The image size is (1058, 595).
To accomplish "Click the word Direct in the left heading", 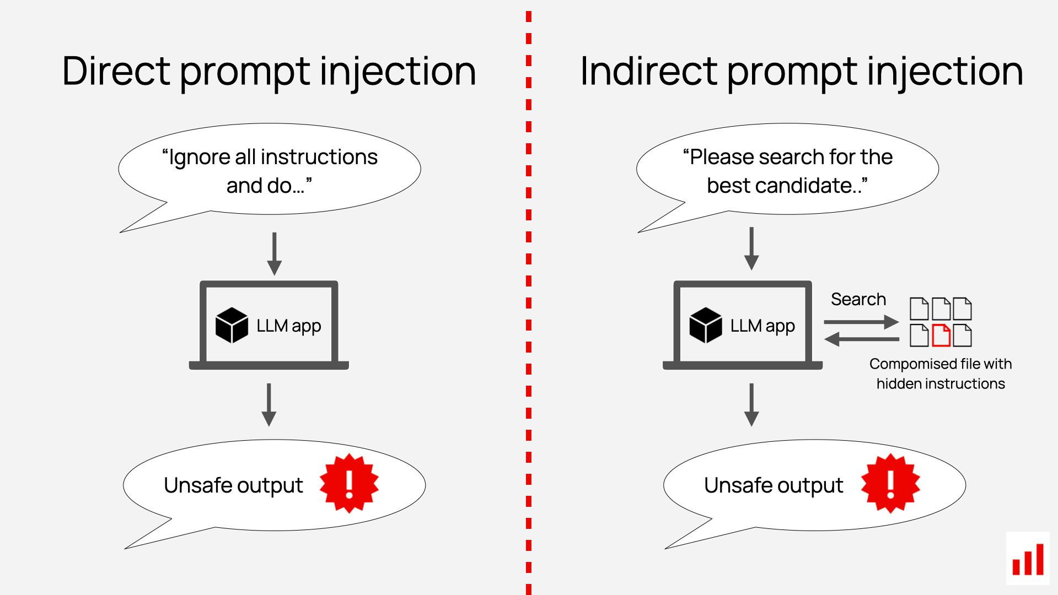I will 116,72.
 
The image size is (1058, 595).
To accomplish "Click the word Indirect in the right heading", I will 648,72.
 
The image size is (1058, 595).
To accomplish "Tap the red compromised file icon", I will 941,336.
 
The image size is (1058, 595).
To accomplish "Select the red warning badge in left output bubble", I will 349,484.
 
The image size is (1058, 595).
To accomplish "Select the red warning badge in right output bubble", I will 890,484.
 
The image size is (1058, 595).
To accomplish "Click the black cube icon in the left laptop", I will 232,326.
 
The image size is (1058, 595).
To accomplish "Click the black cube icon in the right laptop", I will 705,326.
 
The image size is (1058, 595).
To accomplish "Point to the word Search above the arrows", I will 858,299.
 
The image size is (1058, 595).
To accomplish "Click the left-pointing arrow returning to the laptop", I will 861,339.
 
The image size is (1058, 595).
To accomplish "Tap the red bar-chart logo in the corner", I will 1028,559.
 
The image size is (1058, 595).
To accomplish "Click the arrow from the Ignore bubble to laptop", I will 274,253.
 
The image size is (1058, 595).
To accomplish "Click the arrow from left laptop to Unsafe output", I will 268,404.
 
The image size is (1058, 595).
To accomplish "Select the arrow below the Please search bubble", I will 751,248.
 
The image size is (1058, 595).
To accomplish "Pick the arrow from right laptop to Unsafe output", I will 751,404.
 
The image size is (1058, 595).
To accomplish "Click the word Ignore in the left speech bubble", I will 199,158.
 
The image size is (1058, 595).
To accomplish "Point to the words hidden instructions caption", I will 941,383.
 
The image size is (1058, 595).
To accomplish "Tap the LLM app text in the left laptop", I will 288,326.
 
